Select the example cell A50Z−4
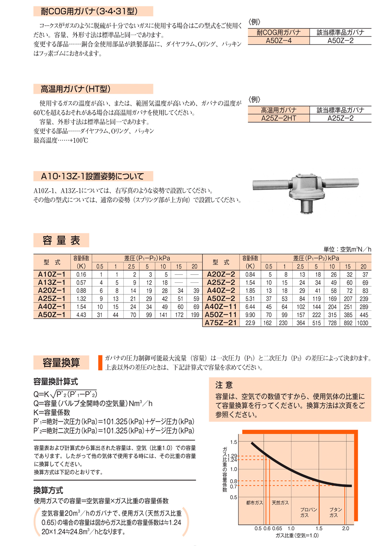(x=278, y=41)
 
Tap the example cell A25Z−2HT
(x=278, y=118)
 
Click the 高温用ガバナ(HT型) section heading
(x=75, y=89)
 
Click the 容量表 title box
(x=61, y=240)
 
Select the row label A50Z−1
(x=52, y=315)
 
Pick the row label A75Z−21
(x=221, y=323)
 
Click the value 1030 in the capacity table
(x=363, y=323)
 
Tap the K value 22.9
(x=250, y=323)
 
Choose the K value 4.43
(x=81, y=315)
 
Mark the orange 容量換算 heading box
(x=61, y=362)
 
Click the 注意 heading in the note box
(x=224, y=385)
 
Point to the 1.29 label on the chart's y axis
(x=233, y=456)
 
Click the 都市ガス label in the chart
(x=255, y=502)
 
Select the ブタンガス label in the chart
(x=335, y=512)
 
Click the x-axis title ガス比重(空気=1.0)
(x=297, y=535)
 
